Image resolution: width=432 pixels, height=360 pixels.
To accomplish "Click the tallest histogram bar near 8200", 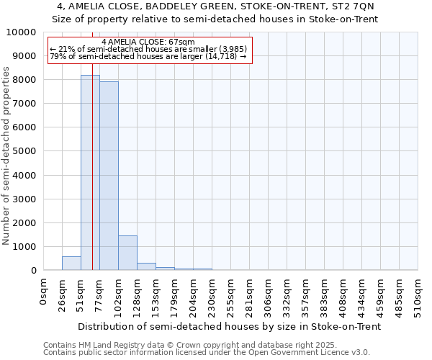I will [x=90, y=173].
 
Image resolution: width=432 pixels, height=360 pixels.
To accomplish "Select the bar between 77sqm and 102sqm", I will [x=109, y=176].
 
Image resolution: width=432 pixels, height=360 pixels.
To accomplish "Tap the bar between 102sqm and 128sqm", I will [x=127, y=253].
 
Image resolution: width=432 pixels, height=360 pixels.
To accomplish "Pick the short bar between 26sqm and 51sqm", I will [x=71, y=264].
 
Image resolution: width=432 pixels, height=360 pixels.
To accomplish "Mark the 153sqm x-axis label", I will [x=156, y=292].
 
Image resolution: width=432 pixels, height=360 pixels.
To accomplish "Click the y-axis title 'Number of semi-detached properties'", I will [x=7, y=156].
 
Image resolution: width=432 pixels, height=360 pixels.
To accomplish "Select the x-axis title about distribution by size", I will [x=229, y=326].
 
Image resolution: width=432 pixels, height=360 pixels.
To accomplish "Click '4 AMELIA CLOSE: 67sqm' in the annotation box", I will [x=148, y=42].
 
